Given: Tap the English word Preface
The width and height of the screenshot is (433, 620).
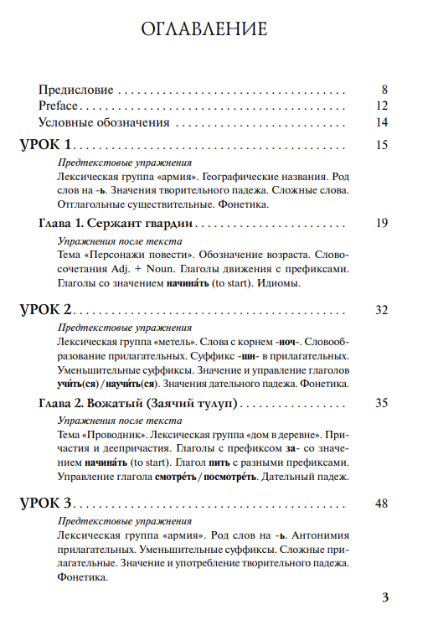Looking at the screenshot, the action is pyautogui.click(x=58, y=106).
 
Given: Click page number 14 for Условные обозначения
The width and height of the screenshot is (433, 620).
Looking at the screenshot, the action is pyautogui.click(x=382, y=122).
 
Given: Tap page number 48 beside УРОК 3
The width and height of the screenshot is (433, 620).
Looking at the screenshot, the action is pyautogui.click(x=382, y=504).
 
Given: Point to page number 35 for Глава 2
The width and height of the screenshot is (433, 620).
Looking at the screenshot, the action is pyautogui.click(x=382, y=403).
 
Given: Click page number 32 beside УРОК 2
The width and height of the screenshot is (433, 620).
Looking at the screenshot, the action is pyautogui.click(x=382, y=311).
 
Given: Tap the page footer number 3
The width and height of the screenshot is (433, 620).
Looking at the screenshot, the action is pyautogui.click(x=385, y=597).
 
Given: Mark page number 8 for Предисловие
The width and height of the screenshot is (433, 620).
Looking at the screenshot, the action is pyautogui.click(x=385, y=89).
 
